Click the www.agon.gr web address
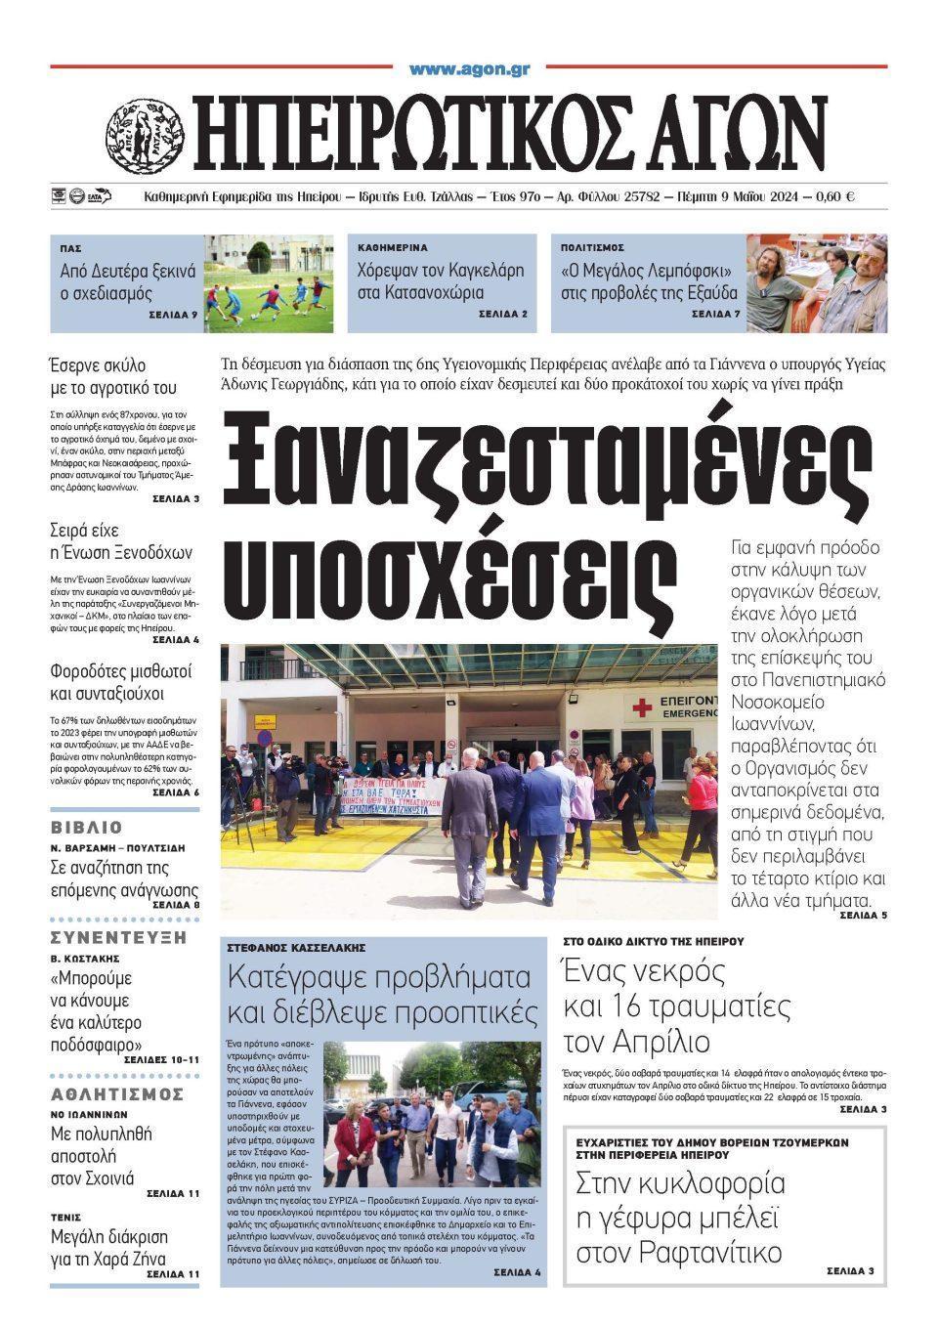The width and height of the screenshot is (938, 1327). coord(469,69)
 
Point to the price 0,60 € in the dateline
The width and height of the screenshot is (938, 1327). coord(832,196)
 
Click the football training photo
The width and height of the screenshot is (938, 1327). coord(268,283)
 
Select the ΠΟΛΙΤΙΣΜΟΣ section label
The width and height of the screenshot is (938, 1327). coord(592,248)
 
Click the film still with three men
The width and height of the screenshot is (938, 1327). coord(817,283)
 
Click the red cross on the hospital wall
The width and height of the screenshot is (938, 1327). coord(644,706)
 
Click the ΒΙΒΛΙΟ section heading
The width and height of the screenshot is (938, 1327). coord(87,827)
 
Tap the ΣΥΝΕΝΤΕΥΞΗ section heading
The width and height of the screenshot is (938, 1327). coord(117,936)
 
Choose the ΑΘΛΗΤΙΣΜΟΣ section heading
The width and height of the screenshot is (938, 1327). coord(117,1093)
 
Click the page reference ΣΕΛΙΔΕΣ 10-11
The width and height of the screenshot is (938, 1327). coord(162,1060)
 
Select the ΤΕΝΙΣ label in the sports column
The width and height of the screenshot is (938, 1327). coord(65,1218)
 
